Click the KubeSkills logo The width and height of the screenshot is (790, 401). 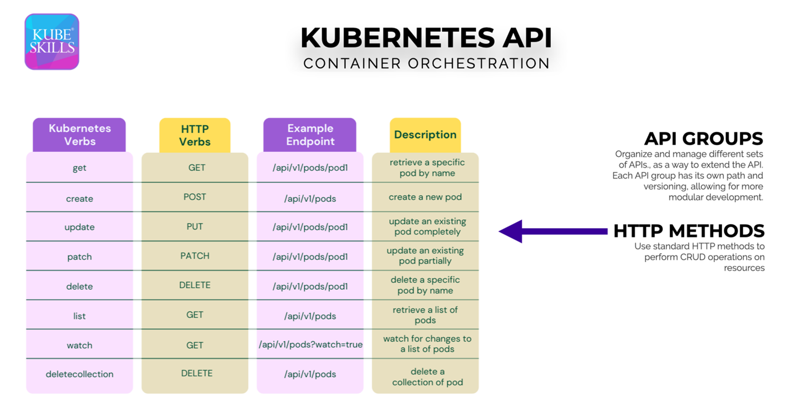point(52,42)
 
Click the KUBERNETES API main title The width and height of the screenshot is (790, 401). point(426,38)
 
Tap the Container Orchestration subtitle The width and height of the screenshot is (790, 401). point(426,63)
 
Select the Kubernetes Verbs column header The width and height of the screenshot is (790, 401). point(80,135)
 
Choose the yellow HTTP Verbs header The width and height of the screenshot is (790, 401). point(195,135)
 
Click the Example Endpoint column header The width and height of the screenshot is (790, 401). point(310,135)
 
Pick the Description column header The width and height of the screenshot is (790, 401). point(425,135)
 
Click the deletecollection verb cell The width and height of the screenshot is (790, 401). point(80,374)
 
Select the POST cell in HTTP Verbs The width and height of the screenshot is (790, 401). point(195,197)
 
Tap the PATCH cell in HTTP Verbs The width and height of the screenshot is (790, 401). point(195,256)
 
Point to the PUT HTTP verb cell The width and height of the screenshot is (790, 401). point(195,226)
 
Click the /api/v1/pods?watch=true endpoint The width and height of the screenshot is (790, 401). point(310,345)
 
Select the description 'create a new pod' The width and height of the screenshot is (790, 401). point(425,197)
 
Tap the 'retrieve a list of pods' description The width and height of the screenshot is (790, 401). point(425,315)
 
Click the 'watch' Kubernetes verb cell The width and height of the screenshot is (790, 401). point(80,345)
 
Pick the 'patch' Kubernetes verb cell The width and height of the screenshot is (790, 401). point(80,257)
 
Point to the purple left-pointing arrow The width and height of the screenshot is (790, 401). point(553,231)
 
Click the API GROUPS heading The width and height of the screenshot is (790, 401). point(704,138)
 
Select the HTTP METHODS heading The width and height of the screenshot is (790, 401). point(689,231)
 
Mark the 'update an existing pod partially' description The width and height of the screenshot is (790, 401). point(425,256)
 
